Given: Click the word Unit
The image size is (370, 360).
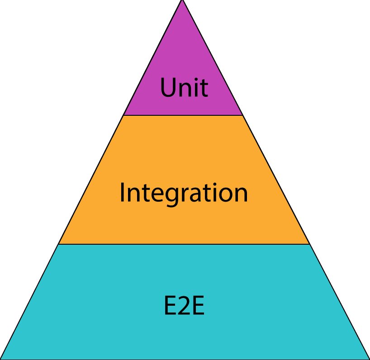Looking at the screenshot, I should [x=184, y=87].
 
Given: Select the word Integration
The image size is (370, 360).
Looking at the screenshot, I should [x=184, y=193].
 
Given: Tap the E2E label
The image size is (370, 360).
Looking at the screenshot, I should [x=184, y=306].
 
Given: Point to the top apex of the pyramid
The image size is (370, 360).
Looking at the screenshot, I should [x=182, y=2].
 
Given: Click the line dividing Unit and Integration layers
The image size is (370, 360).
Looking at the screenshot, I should [x=183, y=115].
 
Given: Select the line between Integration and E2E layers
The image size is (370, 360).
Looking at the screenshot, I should [x=184, y=244].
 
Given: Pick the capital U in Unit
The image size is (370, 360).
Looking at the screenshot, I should [x=168, y=87].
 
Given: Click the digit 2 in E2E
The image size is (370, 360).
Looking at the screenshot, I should [x=184, y=306].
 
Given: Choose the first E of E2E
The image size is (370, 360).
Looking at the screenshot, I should [x=170, y=306].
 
